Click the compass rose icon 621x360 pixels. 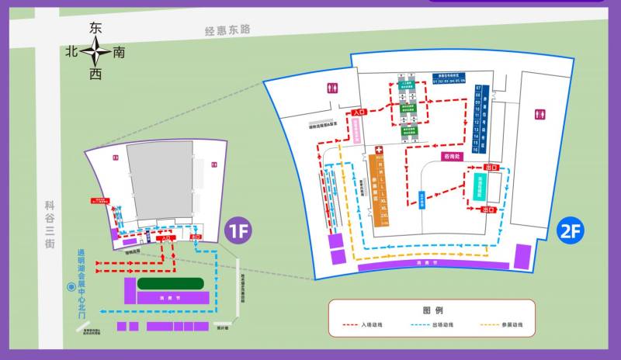click(96, 52)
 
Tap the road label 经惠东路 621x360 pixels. click(227, 29)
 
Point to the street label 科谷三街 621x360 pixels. click(50, 223)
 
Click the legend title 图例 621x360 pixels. click(432, 310)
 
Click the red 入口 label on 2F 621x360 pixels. click(358, 113)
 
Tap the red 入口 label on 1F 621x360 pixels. click(165, 239)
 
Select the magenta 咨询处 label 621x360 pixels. click(452, 156)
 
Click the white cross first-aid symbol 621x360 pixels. click(379, 150)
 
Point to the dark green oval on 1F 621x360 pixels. click(171, 284)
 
